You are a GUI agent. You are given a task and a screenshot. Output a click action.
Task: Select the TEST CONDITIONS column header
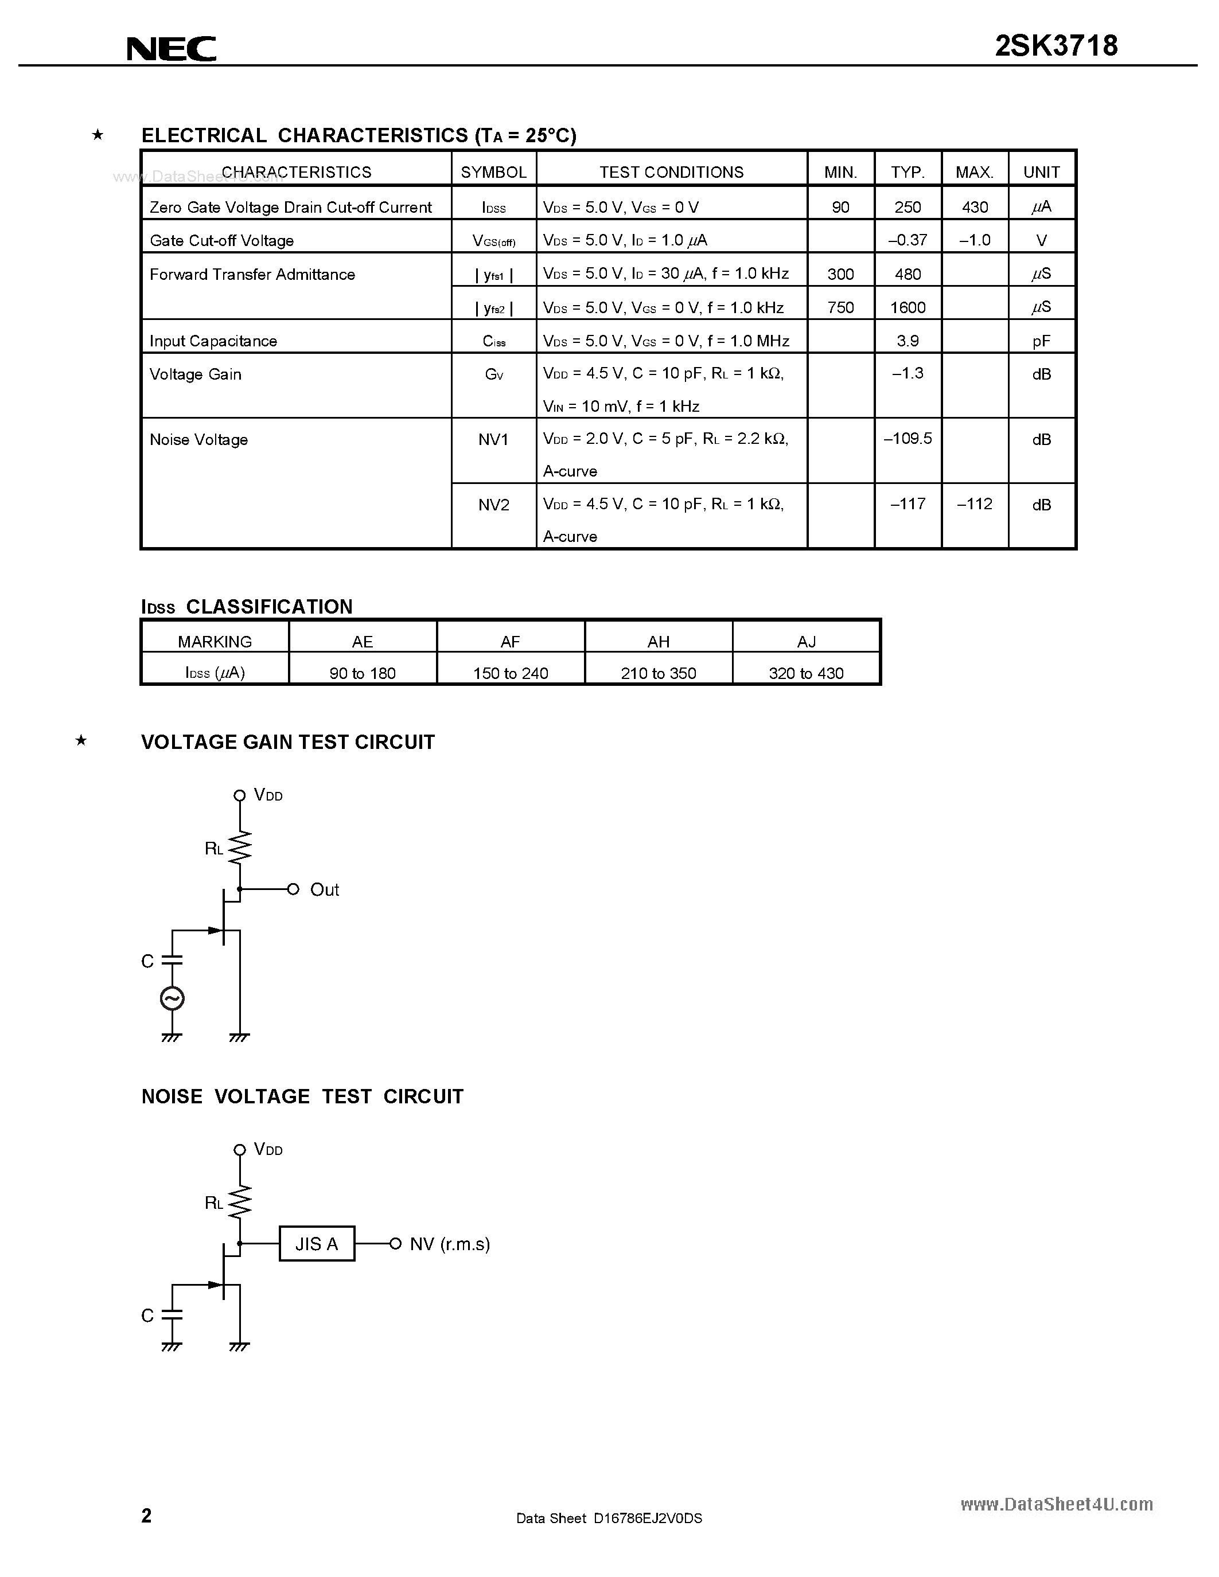coord(671,172)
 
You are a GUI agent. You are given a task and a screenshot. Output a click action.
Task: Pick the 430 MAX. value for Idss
coord(974,207)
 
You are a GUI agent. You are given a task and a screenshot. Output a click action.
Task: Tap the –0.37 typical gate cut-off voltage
coord(907,240)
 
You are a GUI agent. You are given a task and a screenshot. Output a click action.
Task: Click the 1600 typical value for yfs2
coord(907,307)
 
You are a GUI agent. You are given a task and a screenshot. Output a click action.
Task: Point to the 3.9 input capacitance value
coord(907,341)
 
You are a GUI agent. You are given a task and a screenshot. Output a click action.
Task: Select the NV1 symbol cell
coord(493,440)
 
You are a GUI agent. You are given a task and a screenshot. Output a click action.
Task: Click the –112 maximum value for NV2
coord(974,504)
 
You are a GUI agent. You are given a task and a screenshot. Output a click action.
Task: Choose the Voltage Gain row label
coord(195,374)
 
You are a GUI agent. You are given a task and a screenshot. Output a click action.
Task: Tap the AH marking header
coord(658,641)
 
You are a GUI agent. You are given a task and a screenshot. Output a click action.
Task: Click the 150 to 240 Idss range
coord(510,673)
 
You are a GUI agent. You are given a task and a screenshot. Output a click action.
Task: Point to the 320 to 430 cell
coord(806,673)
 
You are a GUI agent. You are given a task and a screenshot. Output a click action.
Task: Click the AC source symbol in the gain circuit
coord(172,998)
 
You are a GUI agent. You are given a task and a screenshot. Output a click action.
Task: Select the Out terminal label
coord(324,889)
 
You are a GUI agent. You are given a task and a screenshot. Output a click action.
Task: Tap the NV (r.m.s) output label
coord(449,1243)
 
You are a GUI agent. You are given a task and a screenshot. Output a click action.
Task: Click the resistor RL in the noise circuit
coord(240,1202)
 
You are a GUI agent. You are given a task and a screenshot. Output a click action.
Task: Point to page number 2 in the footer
coord(147,1515)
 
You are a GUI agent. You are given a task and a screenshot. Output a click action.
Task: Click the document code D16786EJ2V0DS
coord(647,1518)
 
